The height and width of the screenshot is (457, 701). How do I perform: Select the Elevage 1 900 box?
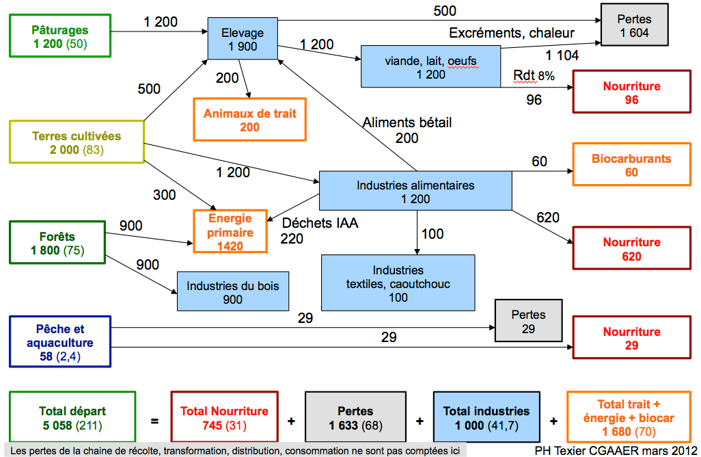(243, 40)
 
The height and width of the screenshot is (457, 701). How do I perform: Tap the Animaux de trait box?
(249, 120)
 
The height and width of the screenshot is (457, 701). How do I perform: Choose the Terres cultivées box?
(76, 142)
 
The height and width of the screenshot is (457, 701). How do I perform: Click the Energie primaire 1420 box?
(230, 232)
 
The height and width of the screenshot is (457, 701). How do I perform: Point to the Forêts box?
(57, 244)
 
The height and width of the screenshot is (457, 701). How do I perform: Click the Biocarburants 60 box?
(631, 165)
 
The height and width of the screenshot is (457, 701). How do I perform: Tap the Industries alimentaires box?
(415, 192)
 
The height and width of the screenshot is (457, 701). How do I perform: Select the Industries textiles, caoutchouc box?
(398, 283)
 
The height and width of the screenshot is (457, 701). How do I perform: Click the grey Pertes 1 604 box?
(634, 25)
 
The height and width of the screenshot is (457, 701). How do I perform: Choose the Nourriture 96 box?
(631, 92)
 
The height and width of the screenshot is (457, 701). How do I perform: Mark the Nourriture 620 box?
(631, 249)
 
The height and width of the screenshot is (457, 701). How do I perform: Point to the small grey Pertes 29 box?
(528, 321)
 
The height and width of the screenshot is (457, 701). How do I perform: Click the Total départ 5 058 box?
(71, 417)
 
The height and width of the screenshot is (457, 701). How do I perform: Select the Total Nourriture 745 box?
(224, 417)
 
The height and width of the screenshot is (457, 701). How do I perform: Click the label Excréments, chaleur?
(511, 32)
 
